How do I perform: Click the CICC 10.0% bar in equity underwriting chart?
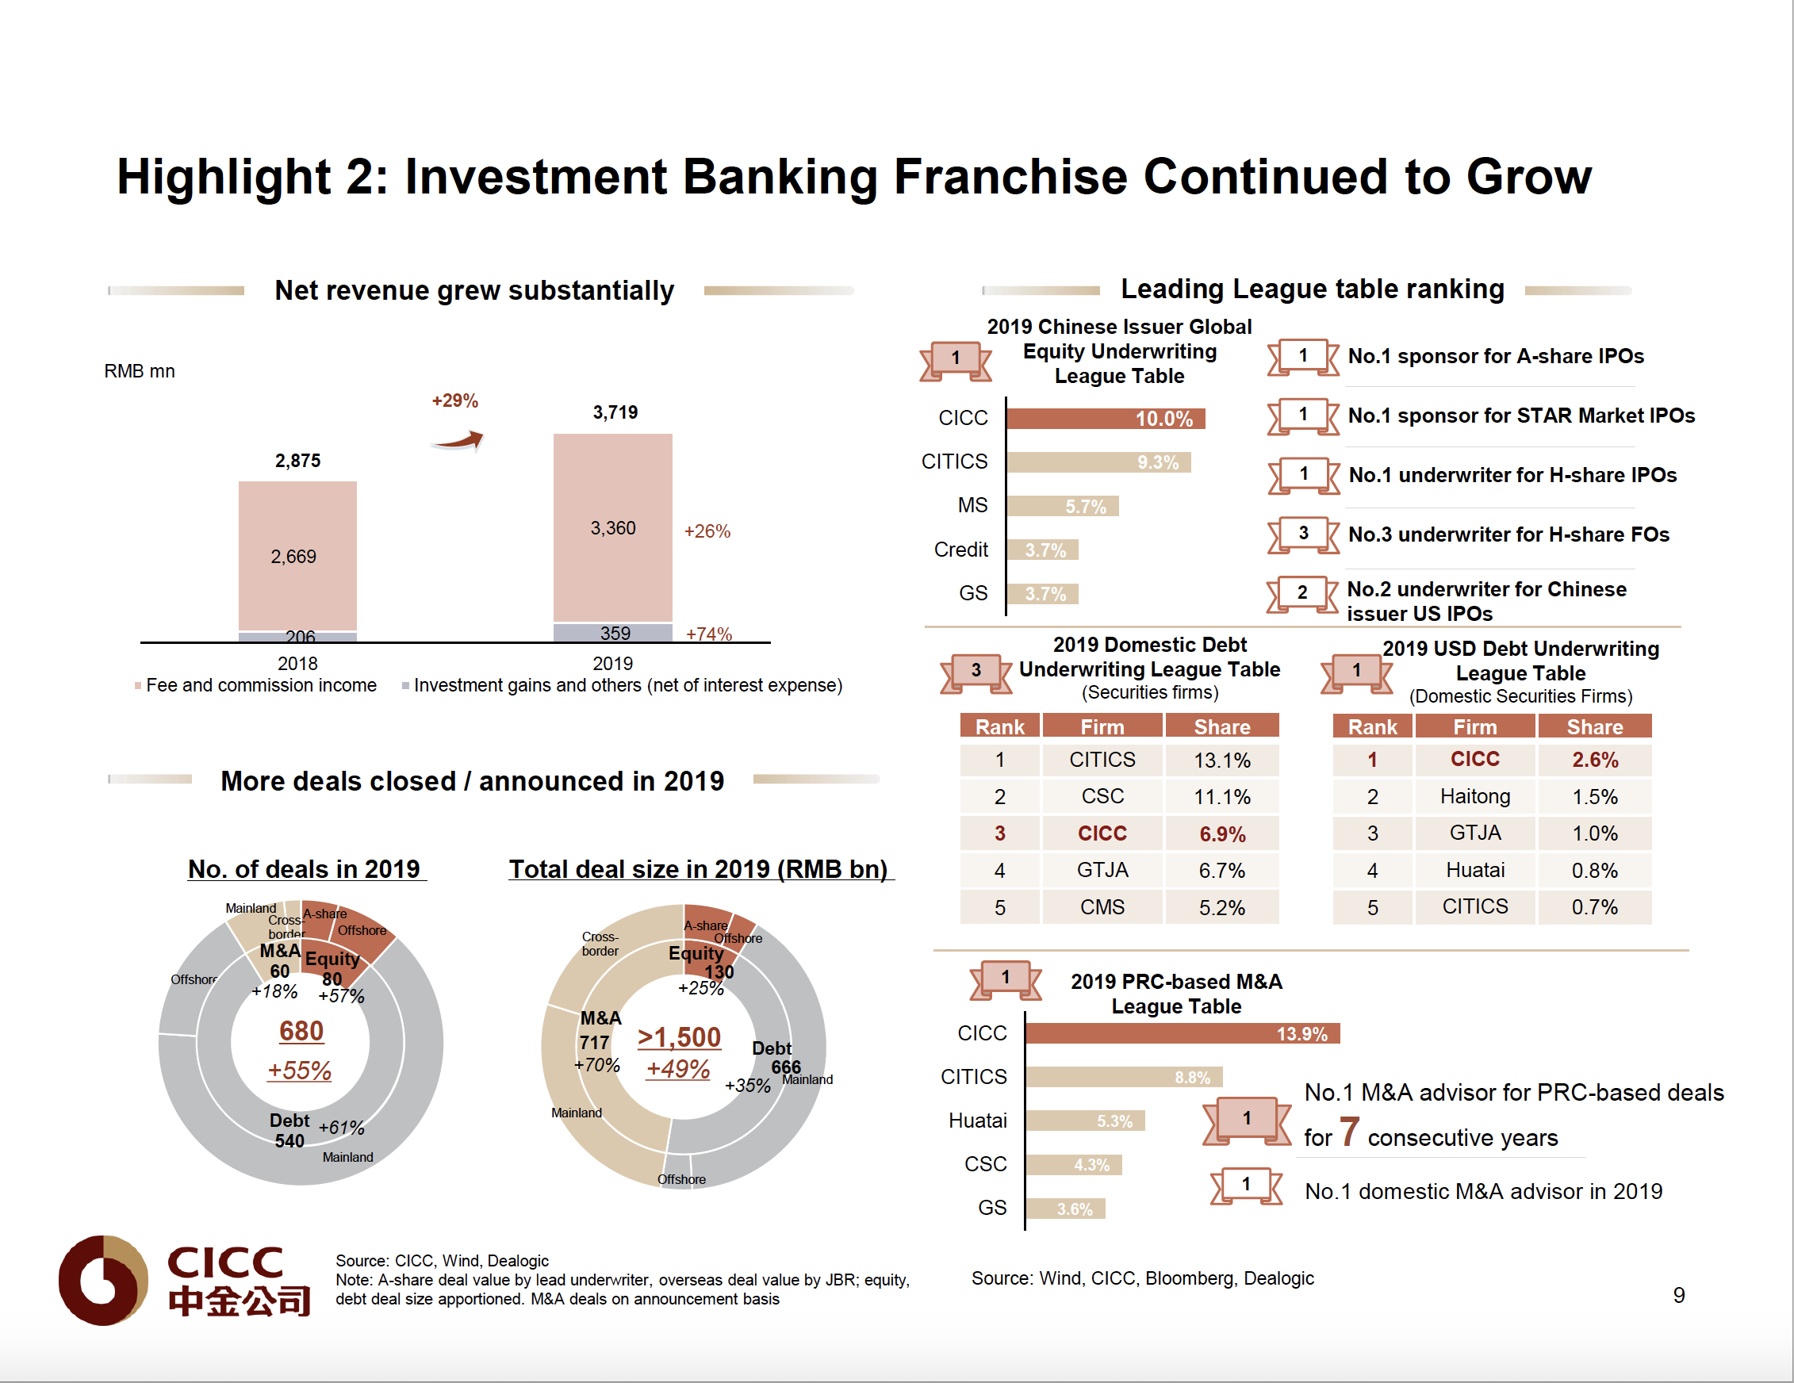(x=1105, y=419)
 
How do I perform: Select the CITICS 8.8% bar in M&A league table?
(x=1123, y=1077)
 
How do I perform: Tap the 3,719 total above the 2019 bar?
(x=615, y=412)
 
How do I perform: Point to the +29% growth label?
(x=455, y=400)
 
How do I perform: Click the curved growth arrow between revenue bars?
(x=458, y=441)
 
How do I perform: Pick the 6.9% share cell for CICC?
(x=1221, y=833)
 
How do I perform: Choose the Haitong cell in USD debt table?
(x=1474, y=797)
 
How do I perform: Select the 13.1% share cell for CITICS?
(x=1221, y=760)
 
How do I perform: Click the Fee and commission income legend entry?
(x=260, y=685)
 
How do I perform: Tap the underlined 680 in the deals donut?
(x=301, y=1031)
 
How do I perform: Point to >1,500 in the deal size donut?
(x=680, y=1037)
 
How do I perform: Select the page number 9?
(x=1679, y=1295)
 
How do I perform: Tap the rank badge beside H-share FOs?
(x=1303, y=534)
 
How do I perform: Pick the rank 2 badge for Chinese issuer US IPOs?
(x=1302, y=593)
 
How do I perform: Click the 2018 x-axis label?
(x=297, y=664)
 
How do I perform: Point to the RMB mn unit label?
(x=140, y=371)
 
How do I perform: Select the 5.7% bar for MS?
(x=1062, y=506)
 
